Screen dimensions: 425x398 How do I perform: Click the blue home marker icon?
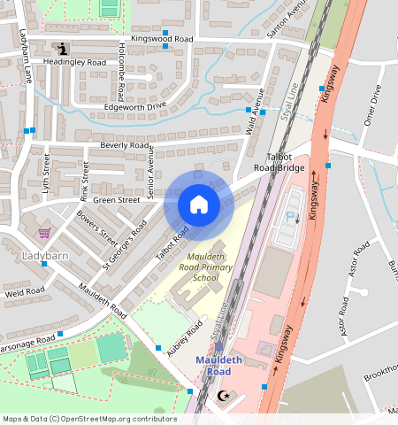[x=199, y=205]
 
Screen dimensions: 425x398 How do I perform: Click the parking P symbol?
[x=290, y=217]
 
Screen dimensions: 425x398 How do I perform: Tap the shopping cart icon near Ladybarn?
[x=44, y=233]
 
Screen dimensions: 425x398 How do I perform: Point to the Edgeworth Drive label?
[x=134, y=105]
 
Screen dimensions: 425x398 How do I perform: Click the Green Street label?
[x=117, y=200]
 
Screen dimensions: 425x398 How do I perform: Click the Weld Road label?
[x=24, y=290]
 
